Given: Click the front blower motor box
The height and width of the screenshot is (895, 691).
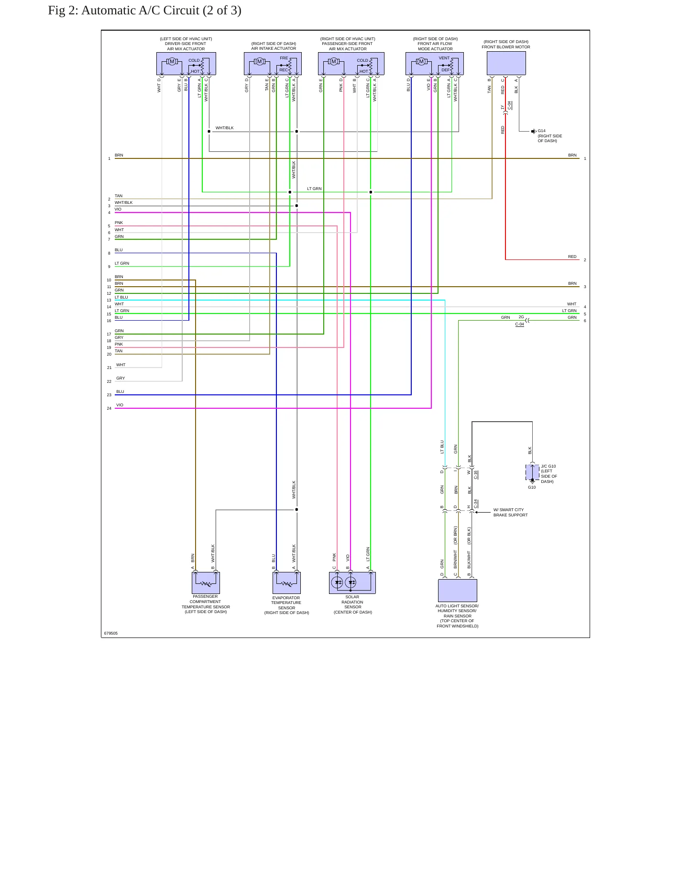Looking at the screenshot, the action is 506,63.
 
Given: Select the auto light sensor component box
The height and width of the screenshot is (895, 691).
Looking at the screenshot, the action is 457,591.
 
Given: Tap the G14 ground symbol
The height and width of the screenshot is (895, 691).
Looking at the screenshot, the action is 534,131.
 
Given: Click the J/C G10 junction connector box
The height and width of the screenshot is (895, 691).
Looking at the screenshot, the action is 532,472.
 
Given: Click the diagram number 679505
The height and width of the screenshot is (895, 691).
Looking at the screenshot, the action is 111,633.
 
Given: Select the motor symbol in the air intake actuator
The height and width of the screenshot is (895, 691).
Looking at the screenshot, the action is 260,61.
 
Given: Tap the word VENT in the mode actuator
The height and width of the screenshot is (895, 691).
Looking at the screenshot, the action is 444,58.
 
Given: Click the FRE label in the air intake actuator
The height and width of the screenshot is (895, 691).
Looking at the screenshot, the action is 284,58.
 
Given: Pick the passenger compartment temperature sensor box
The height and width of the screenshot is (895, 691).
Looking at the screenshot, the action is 206,583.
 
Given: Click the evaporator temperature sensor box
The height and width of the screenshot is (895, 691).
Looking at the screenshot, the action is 286,583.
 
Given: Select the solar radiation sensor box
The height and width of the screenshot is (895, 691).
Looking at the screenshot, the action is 352,582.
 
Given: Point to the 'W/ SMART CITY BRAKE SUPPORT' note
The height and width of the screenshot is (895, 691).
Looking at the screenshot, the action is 511,513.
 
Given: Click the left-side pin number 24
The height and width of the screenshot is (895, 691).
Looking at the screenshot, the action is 109,408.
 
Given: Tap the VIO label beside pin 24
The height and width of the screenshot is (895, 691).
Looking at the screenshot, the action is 120,405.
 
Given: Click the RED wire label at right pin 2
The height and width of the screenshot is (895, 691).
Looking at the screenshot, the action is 572,257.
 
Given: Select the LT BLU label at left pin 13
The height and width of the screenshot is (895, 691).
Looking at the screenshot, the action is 121,297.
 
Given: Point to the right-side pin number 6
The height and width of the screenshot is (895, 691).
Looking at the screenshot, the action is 585,321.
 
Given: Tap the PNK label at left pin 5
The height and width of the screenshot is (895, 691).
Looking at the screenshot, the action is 119,223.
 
